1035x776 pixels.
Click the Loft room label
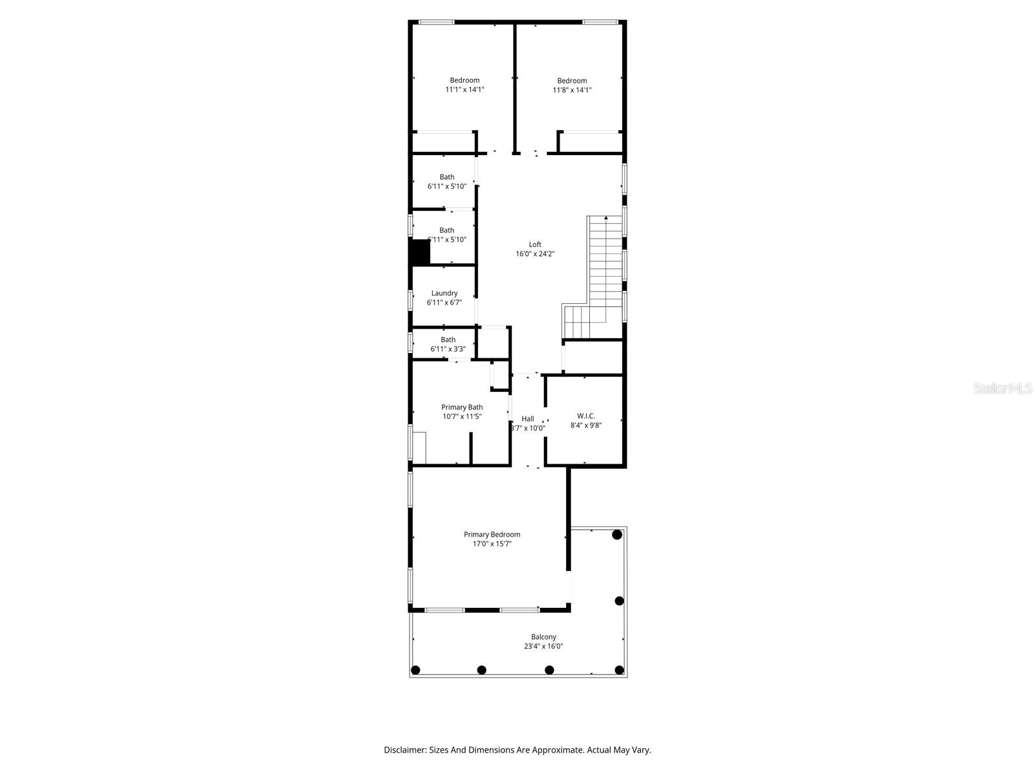(x=535, y=244)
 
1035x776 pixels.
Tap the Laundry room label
(x=444, y=293)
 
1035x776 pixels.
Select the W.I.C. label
(x=586, y=416)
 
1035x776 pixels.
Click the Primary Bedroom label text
(x=492, y=534)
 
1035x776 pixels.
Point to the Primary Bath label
(x=462, y=407)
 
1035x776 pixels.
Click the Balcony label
(x=543, y=637)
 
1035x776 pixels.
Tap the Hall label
(x=528, y=418)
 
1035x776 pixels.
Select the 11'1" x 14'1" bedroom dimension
(x=464, y=90)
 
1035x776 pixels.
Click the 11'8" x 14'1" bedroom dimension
(x=572, y=91)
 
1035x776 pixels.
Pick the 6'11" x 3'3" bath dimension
(x=448, y=349)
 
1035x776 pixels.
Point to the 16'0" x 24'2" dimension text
(x=535, y=254)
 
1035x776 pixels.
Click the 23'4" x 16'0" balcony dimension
(x=543, y=647)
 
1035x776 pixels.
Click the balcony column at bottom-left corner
(x=416, y=670)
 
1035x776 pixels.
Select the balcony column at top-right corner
(x=617, y=535)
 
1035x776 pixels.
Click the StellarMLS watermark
(x=1003, y=389)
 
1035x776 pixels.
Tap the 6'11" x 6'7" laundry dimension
(x=444, y=303)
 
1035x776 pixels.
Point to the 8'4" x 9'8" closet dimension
(x=586, y=426)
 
